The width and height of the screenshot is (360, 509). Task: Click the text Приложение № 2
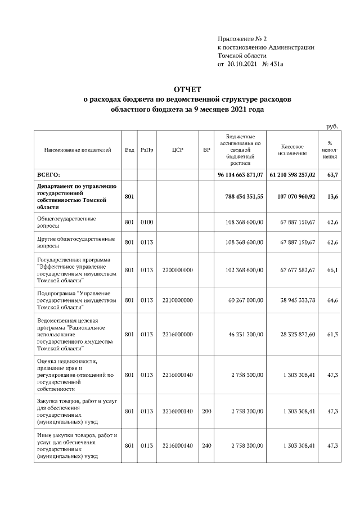point(238,38)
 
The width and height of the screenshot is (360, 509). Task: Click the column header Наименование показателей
point(78,150)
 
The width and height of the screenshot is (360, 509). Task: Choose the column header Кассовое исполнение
point(291,150)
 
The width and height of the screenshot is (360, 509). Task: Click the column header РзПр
point(147,150)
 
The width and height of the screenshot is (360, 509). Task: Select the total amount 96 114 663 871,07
point(240,175)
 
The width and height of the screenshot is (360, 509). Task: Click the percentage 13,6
point(332,196)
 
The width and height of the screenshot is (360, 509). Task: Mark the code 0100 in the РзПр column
point(147,222)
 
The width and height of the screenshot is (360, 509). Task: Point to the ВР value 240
point(206,445)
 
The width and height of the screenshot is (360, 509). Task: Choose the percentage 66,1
point(332,270)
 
